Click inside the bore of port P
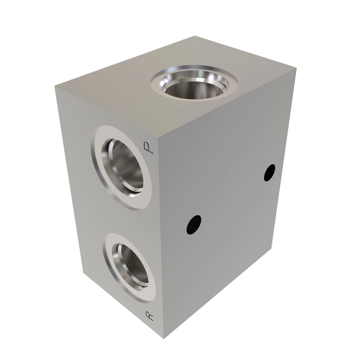125,165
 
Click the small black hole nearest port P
194,225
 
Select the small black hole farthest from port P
269,172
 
